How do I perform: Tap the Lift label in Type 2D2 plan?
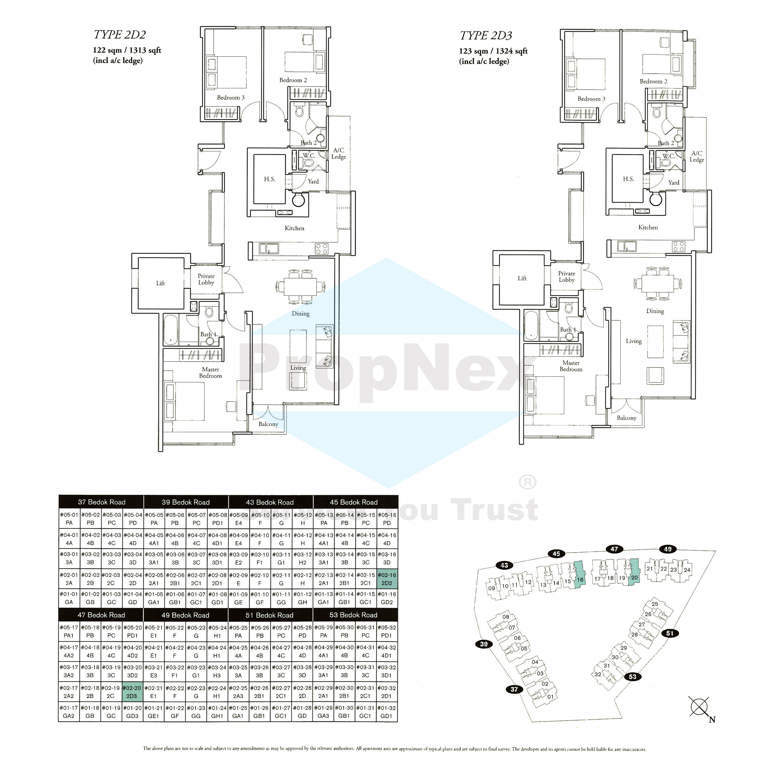pyautogui.click(x=160, y=284)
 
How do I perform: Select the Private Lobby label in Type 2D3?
pyautogui.click(x=566, y=277)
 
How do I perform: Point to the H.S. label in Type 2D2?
pyautogui.click(x=270, y=179)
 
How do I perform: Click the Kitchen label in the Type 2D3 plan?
pyautogui.click(x=648, y=228)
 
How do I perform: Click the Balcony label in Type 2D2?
pyautogui.click(x=268, y=424)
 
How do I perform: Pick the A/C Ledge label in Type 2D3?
pyautogui.click(x=697, y=156)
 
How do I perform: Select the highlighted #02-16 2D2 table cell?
pyautogui.click(x=387, y=579)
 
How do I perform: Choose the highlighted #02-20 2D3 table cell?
pyautogui.click(x=132, y=692)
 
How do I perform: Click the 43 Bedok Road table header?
pyautogui.click(x=270, y=502)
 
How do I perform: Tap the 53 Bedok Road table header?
pyautogui.click(x=353, y=615)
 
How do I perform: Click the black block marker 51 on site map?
pyautogui.click(x=670, y=633)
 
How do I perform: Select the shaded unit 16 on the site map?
pyautogui.click(x=580, y=576)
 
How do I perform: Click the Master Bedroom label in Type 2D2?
pyautogui.click(x=210, y=373)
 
